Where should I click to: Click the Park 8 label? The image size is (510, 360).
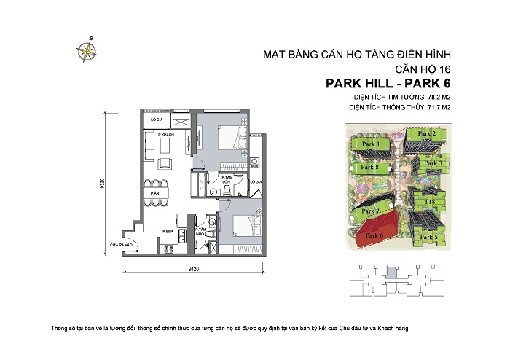pos(371,168)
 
